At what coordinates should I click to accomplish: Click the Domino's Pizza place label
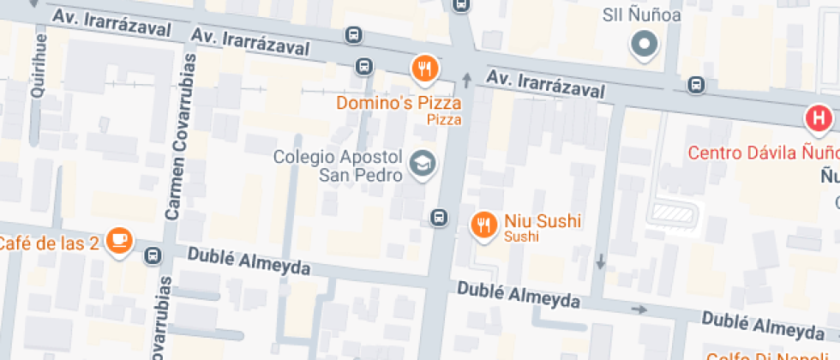(x=399, y=103)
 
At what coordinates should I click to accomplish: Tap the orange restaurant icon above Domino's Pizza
(x=424, y=69)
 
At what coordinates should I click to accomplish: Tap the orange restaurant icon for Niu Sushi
(x=484, y=224)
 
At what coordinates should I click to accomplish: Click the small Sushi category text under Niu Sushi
(x=521, y=237)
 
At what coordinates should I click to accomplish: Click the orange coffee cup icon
(x=119, y=243)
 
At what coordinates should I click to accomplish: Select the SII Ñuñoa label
(x=644, y=15)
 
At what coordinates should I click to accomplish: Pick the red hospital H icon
(x=819, y=118)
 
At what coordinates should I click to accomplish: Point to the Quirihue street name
(x=37, y=73)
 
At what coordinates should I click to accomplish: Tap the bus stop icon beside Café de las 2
(x=153, y=255)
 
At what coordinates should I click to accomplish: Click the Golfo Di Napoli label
(x=771, y=355)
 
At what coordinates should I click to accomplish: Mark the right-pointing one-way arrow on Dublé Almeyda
(x=639, y=309)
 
